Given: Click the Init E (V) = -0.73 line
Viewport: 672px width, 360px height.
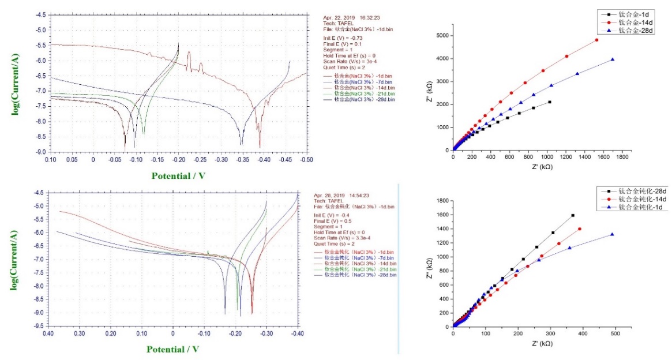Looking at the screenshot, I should coord(343,38).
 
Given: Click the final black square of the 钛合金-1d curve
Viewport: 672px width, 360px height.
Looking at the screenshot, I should coord(550,102).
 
